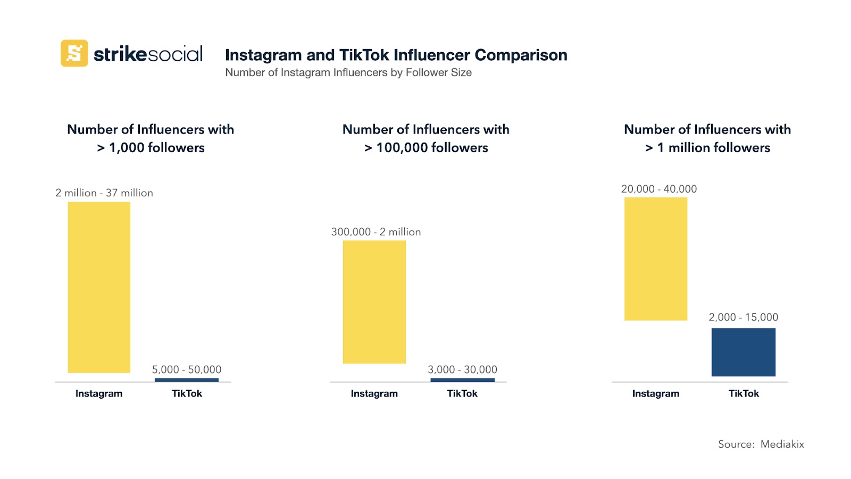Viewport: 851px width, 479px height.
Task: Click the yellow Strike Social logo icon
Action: click(74, 53)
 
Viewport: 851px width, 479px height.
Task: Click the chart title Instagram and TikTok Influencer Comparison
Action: click(396, 55)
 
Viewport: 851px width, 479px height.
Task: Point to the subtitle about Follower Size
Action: click(348, 72)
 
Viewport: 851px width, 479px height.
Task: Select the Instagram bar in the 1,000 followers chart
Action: click(99, 287)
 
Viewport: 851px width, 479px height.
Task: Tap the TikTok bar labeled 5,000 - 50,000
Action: click(187, 380)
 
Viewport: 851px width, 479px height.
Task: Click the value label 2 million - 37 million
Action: click(104, 193)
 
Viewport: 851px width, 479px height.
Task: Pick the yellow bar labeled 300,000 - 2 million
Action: click(374, 302)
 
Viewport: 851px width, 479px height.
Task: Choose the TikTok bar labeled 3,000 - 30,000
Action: click(462, 380)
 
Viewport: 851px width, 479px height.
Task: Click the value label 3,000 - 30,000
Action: click(462, 369)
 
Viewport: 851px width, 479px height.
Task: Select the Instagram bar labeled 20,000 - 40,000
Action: click(656, 259)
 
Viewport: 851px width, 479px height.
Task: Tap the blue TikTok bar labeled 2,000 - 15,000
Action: click(743, 352)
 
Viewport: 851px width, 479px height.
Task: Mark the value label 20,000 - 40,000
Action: click(659, 189)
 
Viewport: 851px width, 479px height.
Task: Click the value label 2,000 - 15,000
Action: click(743, 317)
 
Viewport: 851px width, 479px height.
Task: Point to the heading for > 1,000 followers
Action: click(151, 138)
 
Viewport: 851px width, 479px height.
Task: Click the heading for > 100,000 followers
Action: click(426, 138)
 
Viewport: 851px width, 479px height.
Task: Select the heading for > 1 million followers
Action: click(707, 138)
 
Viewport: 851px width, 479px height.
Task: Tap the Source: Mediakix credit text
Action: click(761, 444)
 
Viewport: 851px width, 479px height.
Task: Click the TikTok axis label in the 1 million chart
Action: click(744, 393)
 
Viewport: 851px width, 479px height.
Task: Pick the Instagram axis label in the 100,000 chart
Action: click(374, 393)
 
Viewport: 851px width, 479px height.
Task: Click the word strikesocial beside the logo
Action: click(148, 54)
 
